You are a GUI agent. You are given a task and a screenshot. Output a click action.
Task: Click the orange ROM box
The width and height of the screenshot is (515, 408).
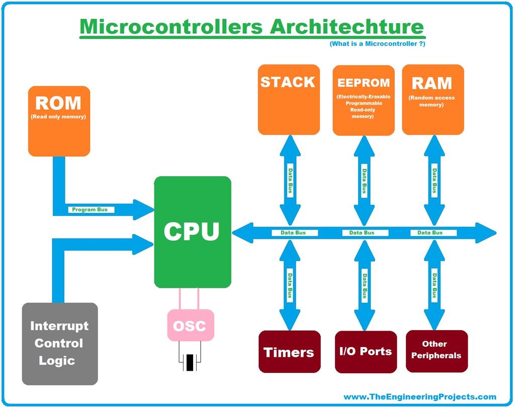pos(59,121)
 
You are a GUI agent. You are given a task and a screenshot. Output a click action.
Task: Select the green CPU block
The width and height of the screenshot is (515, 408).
pos(192,232)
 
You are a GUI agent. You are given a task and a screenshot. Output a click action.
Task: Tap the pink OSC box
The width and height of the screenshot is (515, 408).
pos(190,325)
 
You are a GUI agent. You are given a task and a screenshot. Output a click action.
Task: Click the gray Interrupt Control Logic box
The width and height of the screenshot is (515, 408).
pos(60,344)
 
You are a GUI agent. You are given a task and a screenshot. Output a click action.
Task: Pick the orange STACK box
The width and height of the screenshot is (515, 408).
pos(288,100)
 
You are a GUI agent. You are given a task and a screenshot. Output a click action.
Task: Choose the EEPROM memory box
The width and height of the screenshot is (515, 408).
pos(363,100)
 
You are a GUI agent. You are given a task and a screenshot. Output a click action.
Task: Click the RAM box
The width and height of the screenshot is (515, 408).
pos(433,100)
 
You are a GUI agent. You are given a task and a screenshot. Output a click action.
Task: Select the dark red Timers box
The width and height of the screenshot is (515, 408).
pos(289,352)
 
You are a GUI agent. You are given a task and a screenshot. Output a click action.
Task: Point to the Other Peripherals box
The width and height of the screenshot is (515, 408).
pos(436,351)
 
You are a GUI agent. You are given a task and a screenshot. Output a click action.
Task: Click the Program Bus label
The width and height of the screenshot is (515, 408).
pos(90,209)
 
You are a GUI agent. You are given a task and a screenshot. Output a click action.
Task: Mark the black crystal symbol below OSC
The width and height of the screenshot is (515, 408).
pos(190,362)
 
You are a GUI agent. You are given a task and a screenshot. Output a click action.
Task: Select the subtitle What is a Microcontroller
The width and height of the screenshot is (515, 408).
pos(377,44)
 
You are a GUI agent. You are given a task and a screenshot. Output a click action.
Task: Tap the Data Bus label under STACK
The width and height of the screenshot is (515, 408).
pos(289,179)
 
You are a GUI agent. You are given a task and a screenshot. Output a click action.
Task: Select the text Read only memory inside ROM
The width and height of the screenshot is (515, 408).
pos(59,117)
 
